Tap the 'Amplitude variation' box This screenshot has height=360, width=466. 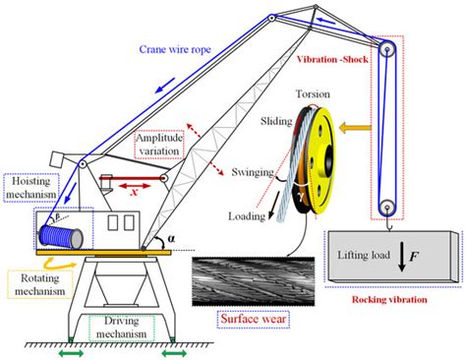(x=161, y=149)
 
